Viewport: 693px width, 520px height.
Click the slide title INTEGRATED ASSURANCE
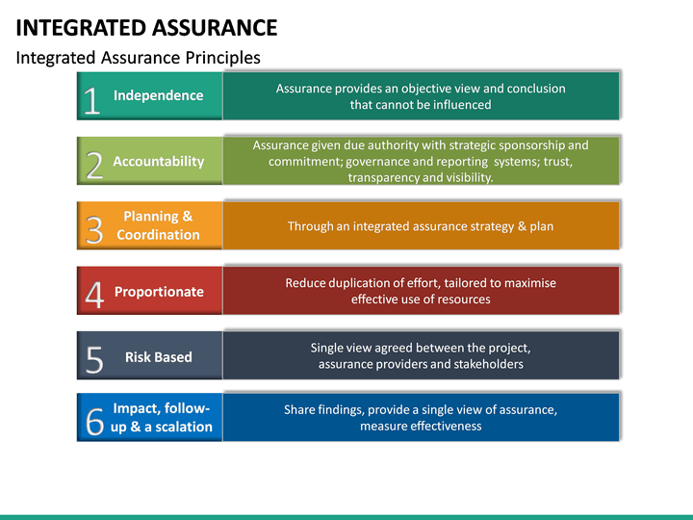click(146, 27)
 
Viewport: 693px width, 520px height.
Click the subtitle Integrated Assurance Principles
click(138, 58)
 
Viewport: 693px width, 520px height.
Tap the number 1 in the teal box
click(91, 100)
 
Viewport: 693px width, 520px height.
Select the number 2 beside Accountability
click(94, 166)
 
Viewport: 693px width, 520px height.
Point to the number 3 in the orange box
click(93, 231)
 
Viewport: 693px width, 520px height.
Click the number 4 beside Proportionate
click(94, 296)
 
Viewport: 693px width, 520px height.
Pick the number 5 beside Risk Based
click(94, 360)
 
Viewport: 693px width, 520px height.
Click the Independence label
click(158, 95)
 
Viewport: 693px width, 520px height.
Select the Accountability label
click(158, 162)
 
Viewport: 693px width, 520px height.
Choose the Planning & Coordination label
click(158, 225)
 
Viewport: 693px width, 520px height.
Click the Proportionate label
click(159, 292)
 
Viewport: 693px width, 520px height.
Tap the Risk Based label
click(158, 356)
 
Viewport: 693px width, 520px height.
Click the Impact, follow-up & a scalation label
click(161, 417)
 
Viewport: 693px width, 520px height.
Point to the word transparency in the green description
click(384, 177)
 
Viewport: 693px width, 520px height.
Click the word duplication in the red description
click(360, 283)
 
